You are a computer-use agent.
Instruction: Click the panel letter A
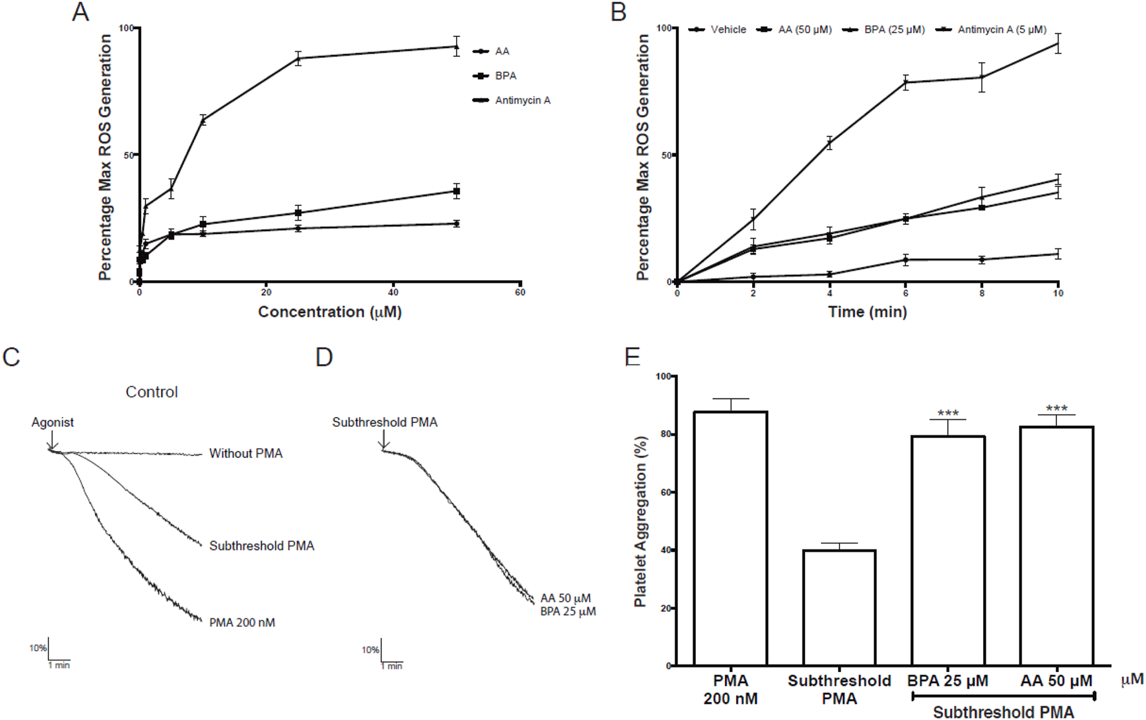coord(80,12)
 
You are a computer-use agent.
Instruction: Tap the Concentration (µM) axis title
coord(330,312)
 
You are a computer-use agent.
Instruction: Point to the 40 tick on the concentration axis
coord(393,292)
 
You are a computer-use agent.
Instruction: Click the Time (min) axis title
coord(867,312)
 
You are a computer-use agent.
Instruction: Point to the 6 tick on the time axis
coord(905,293)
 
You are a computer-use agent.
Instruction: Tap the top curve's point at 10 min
coord(1058,43)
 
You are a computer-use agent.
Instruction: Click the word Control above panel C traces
coord(151,392)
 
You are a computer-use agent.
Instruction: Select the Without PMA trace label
coord(246,453)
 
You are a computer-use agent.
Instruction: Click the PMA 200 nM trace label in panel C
coord(242,622)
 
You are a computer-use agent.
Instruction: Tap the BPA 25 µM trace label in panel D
coord(568,611)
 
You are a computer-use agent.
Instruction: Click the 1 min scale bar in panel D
coord(392,665)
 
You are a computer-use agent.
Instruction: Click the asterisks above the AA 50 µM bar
coord(1056,409)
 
